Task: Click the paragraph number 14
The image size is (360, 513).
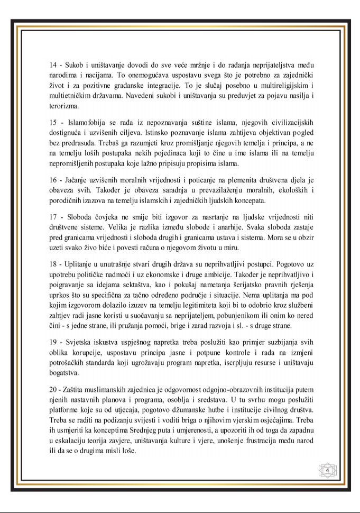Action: coord(53,65)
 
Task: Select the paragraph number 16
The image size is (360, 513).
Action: coord(53,181)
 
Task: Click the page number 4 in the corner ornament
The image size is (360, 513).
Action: coord(328,470)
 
